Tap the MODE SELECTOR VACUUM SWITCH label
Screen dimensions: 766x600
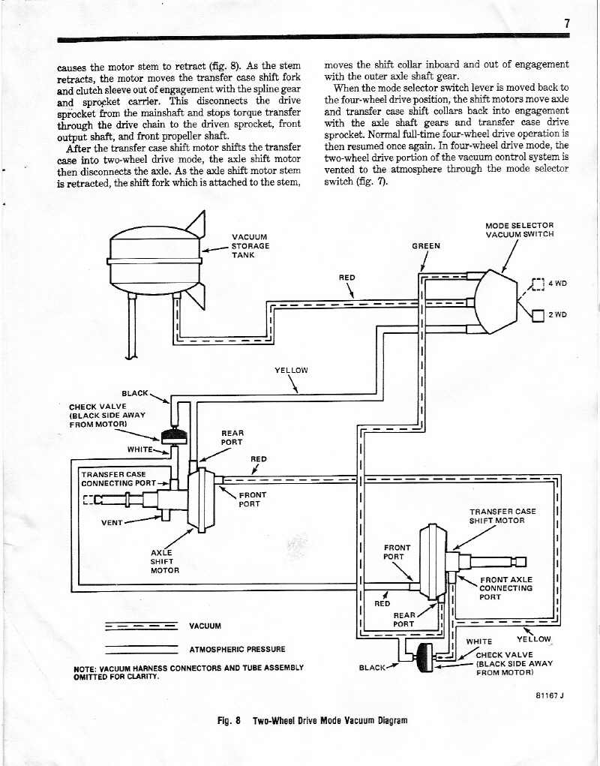[519, 230]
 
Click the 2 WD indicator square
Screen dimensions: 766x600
[537, 314]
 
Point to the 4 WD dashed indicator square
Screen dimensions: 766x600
[536, 284]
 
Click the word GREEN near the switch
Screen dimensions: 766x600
[426, 246]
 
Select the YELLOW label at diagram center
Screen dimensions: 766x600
[291, 370]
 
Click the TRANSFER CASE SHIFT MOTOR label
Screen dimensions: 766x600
[502, 516]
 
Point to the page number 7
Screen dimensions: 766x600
[567, 23]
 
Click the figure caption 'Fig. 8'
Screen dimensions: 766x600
[228, 720]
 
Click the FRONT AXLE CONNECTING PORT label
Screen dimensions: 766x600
[505, 588]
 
